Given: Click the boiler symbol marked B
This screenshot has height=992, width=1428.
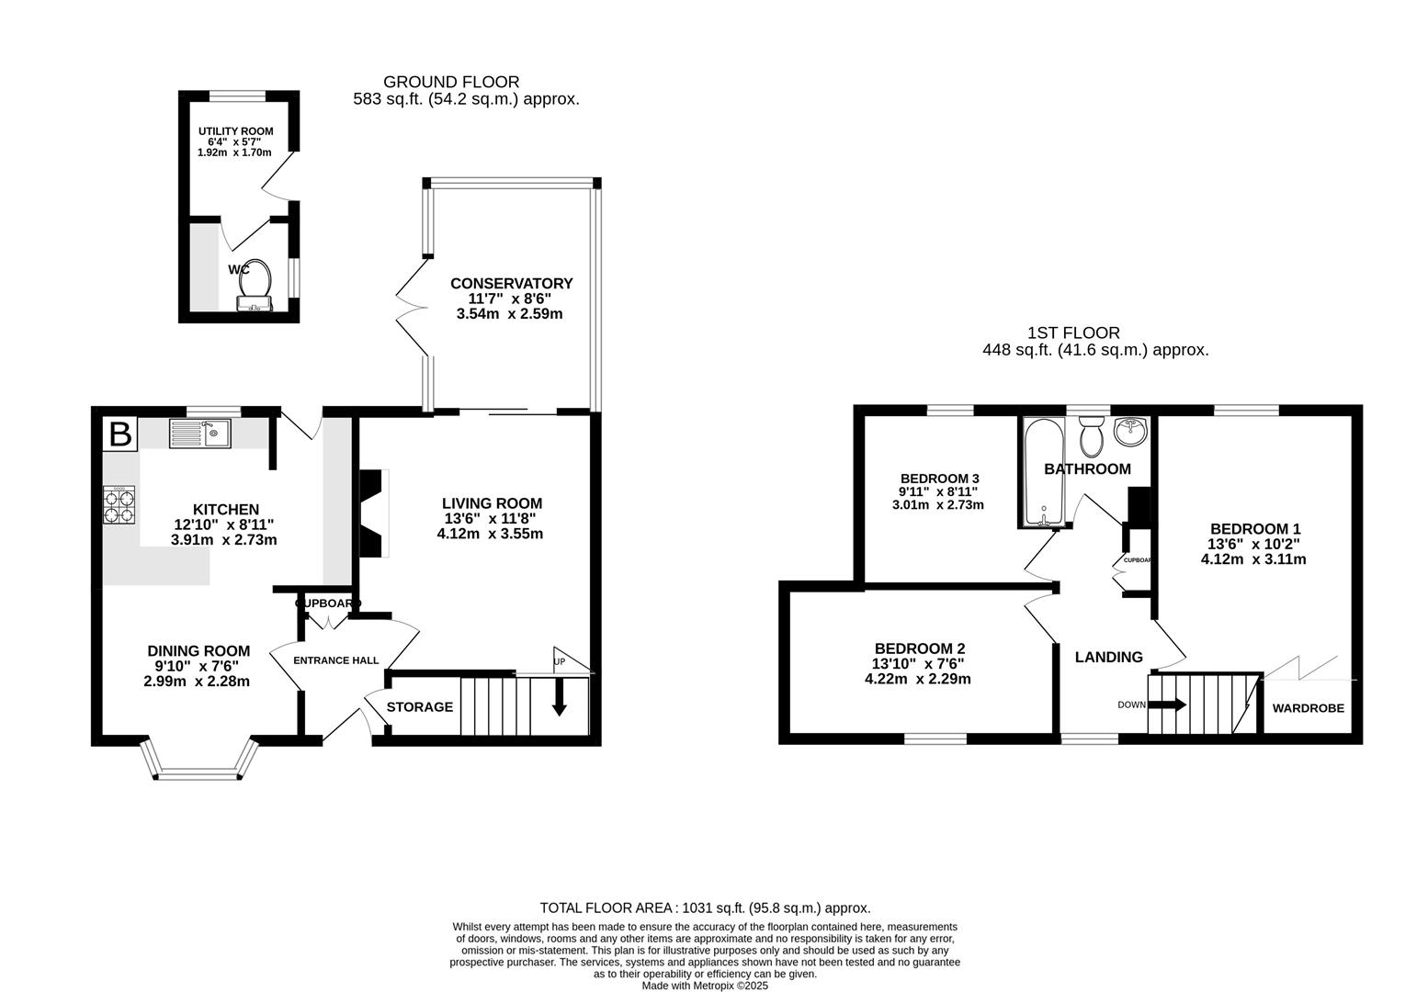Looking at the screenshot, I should (x=120, y=434).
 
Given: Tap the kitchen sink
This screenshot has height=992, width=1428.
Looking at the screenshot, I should (x=200, y=433).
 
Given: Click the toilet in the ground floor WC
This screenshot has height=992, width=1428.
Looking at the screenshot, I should (x=257, y=276).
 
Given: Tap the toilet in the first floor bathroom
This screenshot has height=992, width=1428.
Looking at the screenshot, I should (x=1092, y=436).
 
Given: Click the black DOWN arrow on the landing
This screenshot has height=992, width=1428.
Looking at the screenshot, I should (x=1166, y=705).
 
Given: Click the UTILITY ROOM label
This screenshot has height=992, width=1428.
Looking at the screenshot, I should (x=235, y=131).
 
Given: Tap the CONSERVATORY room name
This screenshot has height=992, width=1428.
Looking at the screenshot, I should (x=511, y=284).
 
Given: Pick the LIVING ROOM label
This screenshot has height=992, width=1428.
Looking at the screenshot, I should (x=492, y=503).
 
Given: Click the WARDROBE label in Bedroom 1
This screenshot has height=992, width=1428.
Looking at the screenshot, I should (x=1308, y=708).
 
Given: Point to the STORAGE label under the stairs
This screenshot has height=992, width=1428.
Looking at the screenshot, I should (x=420, y=707).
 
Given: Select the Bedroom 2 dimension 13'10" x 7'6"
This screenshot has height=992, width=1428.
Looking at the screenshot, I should (x=918, y=664).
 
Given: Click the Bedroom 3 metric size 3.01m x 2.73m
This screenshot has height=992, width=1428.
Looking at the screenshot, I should (x=939, y=505).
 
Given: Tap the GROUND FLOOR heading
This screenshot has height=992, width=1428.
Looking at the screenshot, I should (x=451, y=83).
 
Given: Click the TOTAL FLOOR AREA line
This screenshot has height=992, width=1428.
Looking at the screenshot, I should (x=705, y=907).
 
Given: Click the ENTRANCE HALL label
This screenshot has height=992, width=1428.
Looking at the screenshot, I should (x=335, y=660).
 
